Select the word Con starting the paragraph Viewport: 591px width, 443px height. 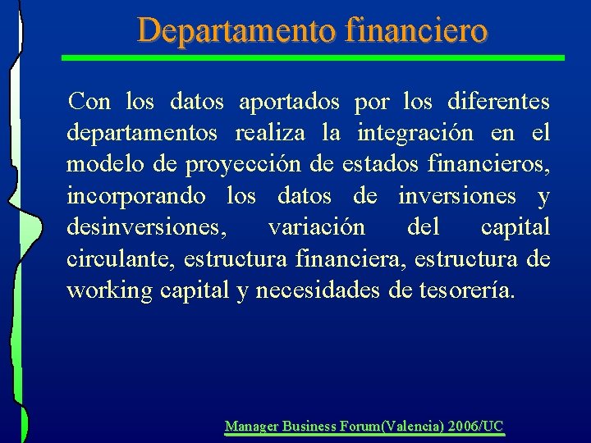89,102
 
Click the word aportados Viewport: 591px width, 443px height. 288,102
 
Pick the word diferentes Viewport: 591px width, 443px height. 499,102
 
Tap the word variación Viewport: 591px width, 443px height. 316,227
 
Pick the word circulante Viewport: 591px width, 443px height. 120,259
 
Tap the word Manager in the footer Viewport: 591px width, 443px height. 251,427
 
